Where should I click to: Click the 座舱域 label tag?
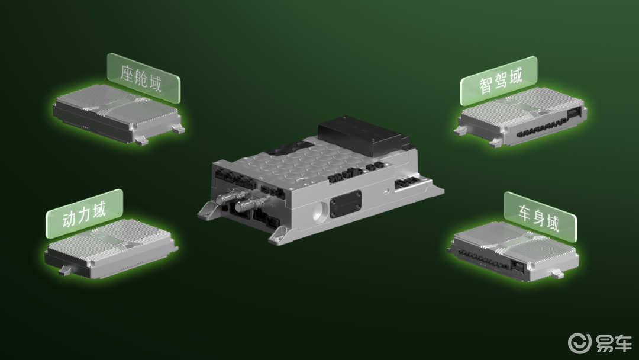tap(143, 78)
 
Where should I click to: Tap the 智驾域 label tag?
tap(499, 81)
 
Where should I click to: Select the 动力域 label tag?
tap(85, 213)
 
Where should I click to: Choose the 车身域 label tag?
tap(540, 217)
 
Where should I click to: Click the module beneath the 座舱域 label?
tap(118, 114)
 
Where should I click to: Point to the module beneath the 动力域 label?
tap(111, 249)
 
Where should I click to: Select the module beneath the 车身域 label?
tap(514, 253)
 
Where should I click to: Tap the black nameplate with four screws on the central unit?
tap(346, 205)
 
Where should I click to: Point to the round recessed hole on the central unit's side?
tap(320, 211)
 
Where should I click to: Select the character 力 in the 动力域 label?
tap(85, 214)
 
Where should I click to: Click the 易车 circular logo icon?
tap(579, 343)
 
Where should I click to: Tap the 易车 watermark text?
tap(614, 343)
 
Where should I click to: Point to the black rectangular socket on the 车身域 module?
tap(518, 265)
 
